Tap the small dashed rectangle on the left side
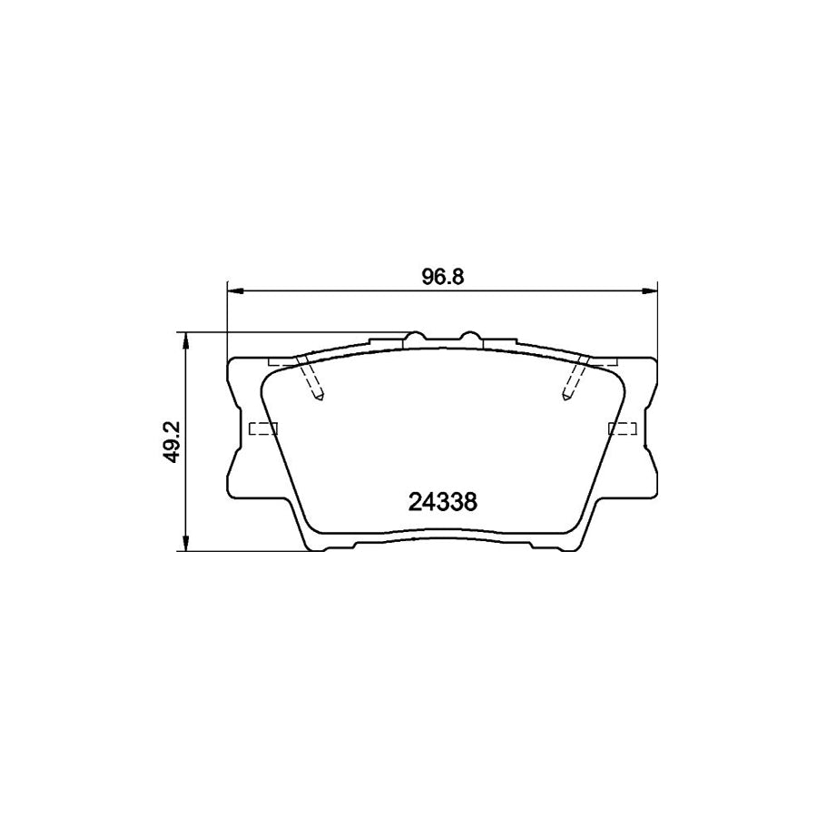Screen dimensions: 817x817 pos(262,428)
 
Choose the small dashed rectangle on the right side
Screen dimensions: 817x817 pos(622,428)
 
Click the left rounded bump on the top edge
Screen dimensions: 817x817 pos(415,338)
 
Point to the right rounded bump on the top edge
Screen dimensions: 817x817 pos(469,338)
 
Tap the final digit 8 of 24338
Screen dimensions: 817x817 pos(470,501)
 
